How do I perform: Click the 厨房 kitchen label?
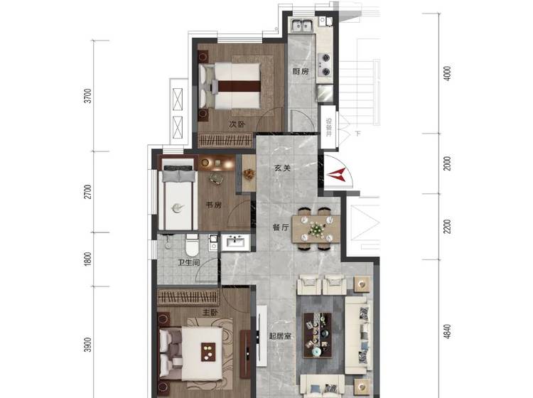point(301,71)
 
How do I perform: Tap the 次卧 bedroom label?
point(237,124)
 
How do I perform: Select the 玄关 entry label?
point(282,168)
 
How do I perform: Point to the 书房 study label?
point(213,205)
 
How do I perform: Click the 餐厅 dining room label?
point(281,227)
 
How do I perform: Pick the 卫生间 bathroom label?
point(189,263)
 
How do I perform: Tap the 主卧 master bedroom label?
point(210,312)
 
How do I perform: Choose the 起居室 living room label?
point(280,336)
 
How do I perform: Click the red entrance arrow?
point(337,175)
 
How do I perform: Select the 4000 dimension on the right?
point(448,73)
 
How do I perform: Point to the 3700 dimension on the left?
point(87,96)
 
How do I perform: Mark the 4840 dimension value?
point(448,331)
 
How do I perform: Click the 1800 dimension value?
point(87,259)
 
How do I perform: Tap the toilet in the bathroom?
point(192,245)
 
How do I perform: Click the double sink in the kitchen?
point(302,26)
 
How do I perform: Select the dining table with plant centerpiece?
point(316,229)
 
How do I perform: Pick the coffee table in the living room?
point(317,335)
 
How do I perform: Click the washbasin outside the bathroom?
point(235,242)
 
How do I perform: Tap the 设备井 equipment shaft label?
point(329,127)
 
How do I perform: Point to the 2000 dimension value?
point(448,163)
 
